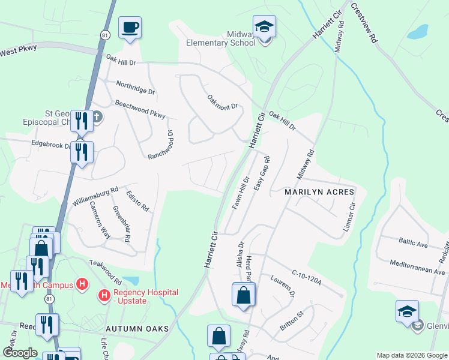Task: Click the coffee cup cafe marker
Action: coord(130,28)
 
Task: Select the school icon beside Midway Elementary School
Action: coord(264,28)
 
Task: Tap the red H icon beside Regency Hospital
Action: coord(104,295)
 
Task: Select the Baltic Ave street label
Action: coord(413,242)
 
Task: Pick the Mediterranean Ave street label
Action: coord(417,267)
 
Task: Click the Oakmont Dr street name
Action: coord(223,102)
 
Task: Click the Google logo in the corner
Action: coord(20,352)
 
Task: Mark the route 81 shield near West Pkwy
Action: coord(105,35)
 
